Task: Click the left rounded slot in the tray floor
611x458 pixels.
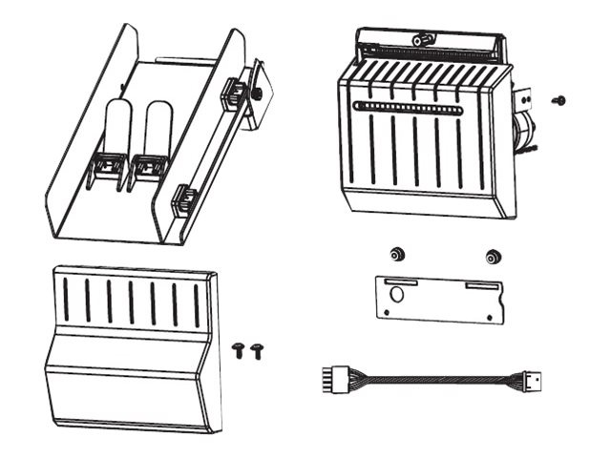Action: [x=116, y=125]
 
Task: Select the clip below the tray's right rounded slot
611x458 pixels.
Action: [x=146, y=167]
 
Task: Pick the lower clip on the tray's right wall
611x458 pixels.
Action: [x=183, y=200]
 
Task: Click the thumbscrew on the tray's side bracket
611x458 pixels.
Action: [x=259, y=94]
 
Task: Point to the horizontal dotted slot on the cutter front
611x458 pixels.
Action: [x=411, y=107]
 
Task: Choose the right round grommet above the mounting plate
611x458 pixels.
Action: [x=493, y=256]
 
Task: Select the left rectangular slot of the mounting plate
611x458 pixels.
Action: [x=401, y=283]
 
